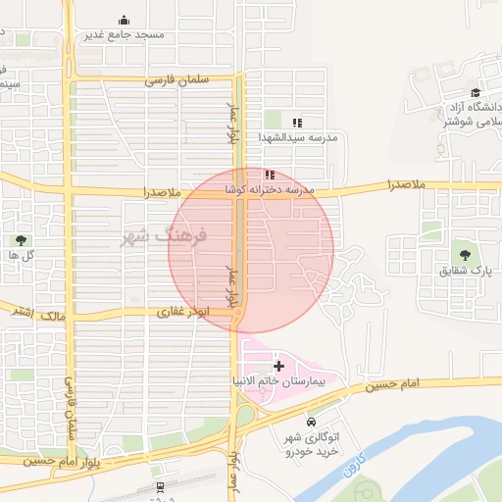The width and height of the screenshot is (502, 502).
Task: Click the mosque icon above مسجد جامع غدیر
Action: pyautogui.click(x=124, y=20)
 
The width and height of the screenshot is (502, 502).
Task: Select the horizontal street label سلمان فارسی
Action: pyautogui.click(x=178, y=80)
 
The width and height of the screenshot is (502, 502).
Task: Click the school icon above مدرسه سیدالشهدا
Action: pyautogui.click(x=297, y=122)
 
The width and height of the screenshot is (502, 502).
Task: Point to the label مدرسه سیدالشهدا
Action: pyautogui.click(x=298, y=138)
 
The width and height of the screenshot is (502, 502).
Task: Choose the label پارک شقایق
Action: pyautogui.click(x=463, y=271)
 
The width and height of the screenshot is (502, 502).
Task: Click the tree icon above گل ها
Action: pyautogui.click(x=21, y=239)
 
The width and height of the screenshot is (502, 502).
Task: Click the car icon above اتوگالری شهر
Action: pyautogui.click(x=311, y=423)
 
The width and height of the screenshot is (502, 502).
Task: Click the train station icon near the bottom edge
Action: pyautogui.click(x=159, y=487)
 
